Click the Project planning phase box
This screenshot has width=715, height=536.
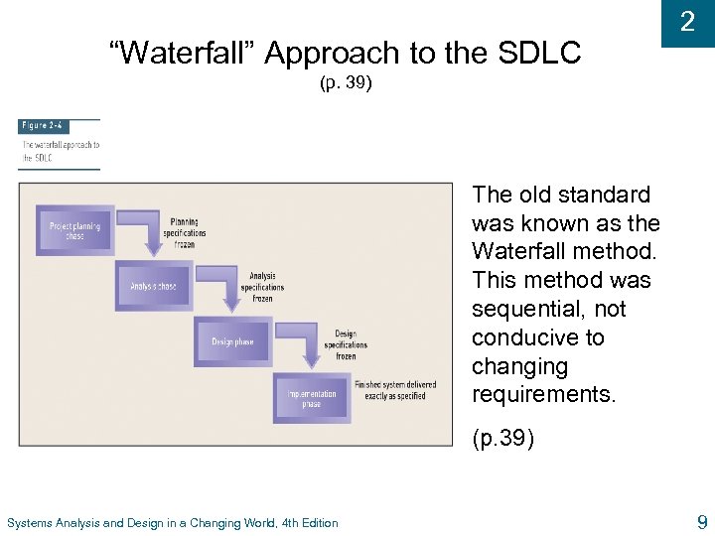click(74, 230)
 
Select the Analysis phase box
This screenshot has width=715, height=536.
click(153, 286)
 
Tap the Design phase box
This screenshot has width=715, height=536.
click(232, 342)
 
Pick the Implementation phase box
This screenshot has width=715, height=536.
click(311, 399)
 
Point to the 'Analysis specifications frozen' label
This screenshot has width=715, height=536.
click(262, 287)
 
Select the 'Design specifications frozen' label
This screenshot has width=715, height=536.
click(345, 344)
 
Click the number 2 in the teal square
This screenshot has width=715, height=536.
click(687, 22)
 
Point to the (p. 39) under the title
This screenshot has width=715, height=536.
click(346, 83)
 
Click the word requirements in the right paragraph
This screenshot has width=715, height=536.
click(543, 395)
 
